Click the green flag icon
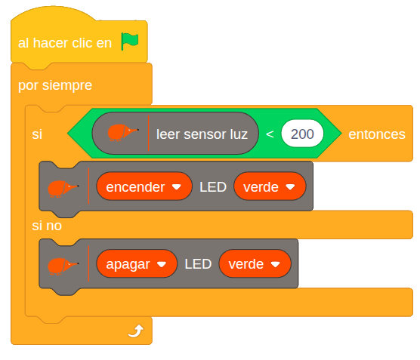tap(130, 42)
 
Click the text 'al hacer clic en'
tap(65, 43)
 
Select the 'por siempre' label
tap(55, 85)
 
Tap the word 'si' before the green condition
tap(37, 134)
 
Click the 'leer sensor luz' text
tap(202, 134)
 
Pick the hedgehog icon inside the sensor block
tap(122, 134)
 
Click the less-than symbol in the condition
tap(270, 134)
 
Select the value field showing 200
tap(302, 134)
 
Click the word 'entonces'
tap(376, 134)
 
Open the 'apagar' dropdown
tap(137, 264)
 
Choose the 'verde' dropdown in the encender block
tap(270, 186)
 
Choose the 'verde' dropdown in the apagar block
tap(255, 264)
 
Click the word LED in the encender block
tap(213, 186)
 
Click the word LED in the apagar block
tap(198, 264)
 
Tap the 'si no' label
tap(47, 226)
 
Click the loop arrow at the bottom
tap(135, 331)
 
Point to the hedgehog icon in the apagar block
tap(63, 265)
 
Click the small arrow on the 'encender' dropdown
tap(177, 186)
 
